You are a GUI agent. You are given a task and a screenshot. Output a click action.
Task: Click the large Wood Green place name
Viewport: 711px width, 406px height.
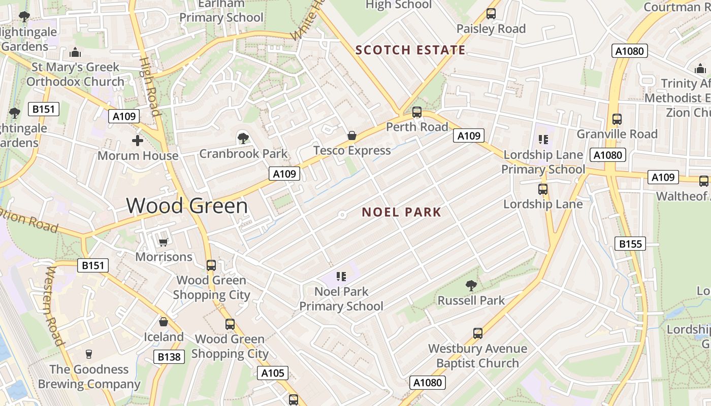coord(187,206)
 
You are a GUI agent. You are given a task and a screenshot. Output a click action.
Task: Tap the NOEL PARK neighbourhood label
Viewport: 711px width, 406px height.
coord(401,212)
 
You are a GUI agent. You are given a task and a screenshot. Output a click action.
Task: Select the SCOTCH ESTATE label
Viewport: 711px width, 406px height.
coord(410,50)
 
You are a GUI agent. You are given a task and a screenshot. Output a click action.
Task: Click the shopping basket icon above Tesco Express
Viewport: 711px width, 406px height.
coord(351,136)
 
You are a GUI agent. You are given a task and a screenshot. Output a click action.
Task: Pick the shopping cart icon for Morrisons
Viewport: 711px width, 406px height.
coord(163,242)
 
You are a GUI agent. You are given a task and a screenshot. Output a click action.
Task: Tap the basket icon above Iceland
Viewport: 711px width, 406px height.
coord(164,322)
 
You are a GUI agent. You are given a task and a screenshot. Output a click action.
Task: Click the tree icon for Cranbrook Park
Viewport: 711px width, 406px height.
coord(243,138)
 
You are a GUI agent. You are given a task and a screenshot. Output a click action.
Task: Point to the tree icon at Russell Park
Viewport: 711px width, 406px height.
coord(471,286)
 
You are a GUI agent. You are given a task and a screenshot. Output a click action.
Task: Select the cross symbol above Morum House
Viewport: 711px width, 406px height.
coord(138,141)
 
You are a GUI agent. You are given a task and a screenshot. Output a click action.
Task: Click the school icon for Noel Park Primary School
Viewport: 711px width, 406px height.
coord(341,277)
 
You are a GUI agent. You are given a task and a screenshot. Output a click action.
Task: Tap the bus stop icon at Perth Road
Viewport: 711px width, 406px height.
coord(417,112)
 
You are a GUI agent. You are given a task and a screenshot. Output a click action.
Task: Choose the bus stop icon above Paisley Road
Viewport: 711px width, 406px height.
coord(491,14)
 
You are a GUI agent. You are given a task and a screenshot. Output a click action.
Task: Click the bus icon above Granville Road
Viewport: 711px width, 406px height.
coord(617,119)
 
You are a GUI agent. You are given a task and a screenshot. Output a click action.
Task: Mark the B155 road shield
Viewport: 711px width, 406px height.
coord(630,244)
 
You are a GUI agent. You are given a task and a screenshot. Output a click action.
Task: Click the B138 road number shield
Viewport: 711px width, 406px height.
coord(169,357)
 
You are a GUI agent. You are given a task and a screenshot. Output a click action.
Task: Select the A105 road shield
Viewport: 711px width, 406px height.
coord(273,374)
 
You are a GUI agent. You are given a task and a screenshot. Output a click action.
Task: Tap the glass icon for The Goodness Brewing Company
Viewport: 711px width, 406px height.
coord(89,354)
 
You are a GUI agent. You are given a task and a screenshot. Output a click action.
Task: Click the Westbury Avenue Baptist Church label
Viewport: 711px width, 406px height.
coord(477,356)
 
